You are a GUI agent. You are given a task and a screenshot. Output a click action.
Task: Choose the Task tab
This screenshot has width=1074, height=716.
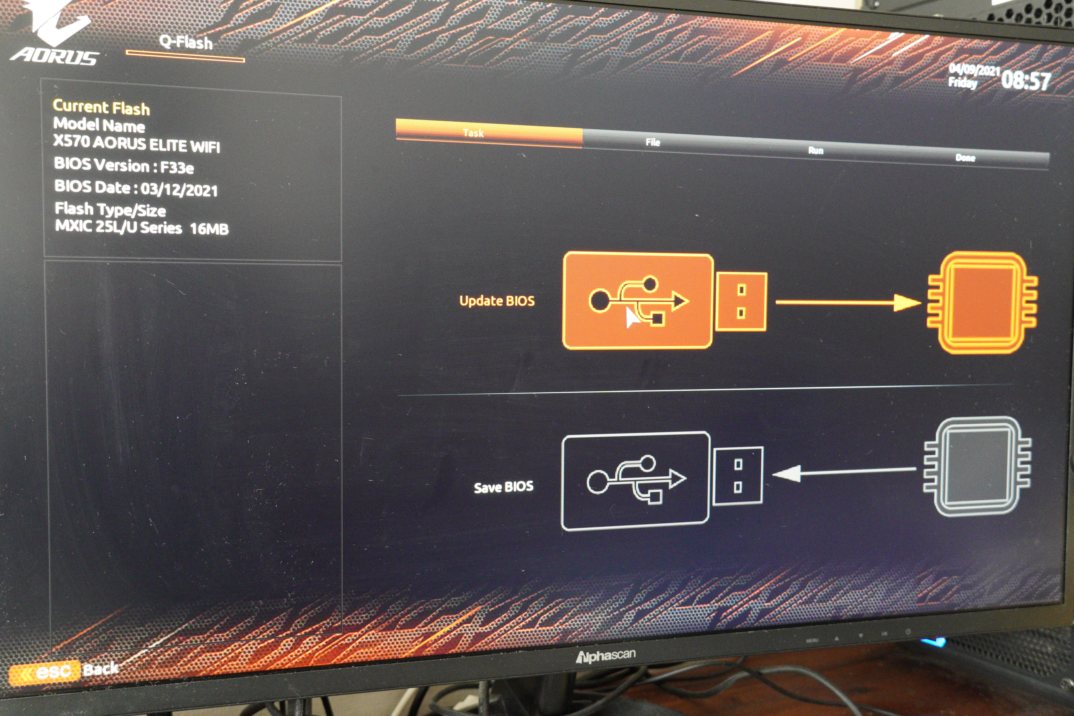473,133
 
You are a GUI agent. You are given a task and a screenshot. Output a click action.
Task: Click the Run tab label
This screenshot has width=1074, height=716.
816,151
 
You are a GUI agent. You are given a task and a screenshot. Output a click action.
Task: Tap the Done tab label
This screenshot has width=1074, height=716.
965,158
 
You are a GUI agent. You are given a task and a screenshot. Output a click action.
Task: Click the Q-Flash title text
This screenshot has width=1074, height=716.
186,42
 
